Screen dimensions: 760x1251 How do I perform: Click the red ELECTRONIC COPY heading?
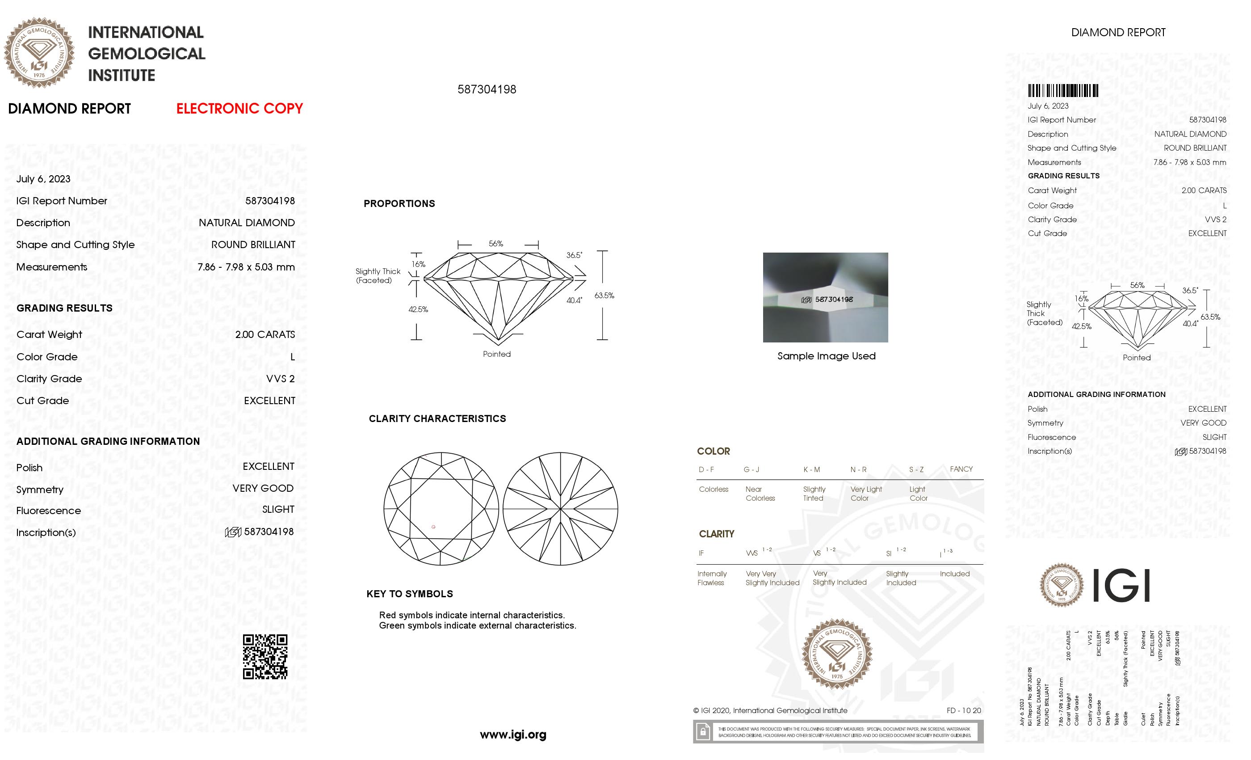pyautogui.click(x=239, y=108)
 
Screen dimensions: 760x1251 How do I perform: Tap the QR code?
pyautogui.click(x=264, y=656)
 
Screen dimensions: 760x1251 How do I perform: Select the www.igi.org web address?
pyautogui.click(x=513, y=735)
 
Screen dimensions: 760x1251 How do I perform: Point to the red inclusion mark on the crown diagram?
pyautogui.click(x=433, y=527)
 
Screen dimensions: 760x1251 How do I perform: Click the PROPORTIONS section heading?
pyautogui.click(x=399, y=204)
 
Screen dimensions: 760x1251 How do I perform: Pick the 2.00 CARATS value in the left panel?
pyautogui.click(x=264, y=334)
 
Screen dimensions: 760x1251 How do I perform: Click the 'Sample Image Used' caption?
pyautogui.click(x=826, y=356)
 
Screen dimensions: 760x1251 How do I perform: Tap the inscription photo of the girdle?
pyautogui.click(x=825, y=297)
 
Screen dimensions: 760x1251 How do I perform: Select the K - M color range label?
pyautogui.click(x=811, y=469)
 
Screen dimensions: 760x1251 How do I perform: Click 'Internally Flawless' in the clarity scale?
pyautogui.click(x=712, y=578)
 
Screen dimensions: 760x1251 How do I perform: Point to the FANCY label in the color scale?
pyautogui.click(x=961, y=469)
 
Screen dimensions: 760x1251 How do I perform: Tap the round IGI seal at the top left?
pyautogui.click(x=39, y=53)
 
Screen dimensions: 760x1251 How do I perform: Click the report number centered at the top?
pyautogui.click(x=487, y=89)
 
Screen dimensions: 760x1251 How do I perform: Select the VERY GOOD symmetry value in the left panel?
pyautogui.click(x=263, y=488)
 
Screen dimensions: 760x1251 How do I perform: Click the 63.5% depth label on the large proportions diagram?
pyautogui.click(x=604, y=295)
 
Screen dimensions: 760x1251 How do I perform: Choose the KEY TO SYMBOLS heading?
pyautogui.click(x=409, y=594)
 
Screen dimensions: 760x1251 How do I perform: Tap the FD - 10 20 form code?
pyautogui.click(x=964, y=711)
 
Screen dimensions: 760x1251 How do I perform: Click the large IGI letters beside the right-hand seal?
pyautogui.click(x=1121, y=585)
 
